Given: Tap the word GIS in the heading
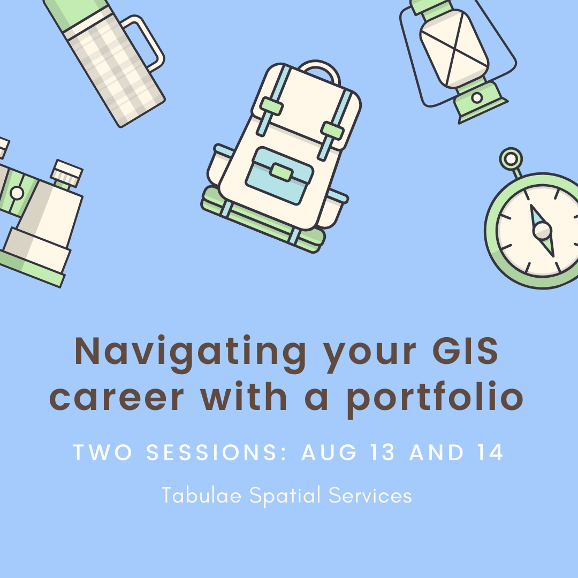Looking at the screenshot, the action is click(x=465, y=351).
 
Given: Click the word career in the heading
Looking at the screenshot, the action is click(x=117, y=399).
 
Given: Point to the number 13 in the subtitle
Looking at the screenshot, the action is click(x=383, y=452).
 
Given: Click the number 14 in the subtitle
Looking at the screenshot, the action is click(x=490, y=452).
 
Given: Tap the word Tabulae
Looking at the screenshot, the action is click(x=201, y=495).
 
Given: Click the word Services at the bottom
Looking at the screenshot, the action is click(x=370, y=495).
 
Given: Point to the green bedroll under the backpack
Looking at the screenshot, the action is click(x=262, y=221).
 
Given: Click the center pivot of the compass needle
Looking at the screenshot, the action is click(x=542, y=232).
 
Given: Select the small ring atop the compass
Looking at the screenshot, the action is click(x=511, y=159).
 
